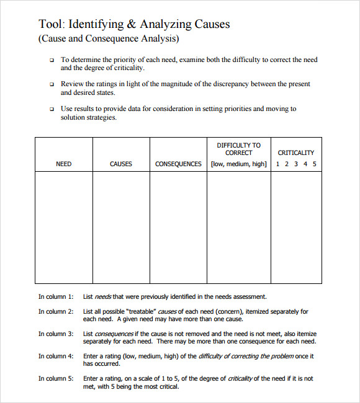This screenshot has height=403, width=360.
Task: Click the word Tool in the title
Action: [50, 24]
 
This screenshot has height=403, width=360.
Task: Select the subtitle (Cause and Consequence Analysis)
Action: [109, 38]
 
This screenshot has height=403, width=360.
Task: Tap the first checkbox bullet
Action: [52, 60]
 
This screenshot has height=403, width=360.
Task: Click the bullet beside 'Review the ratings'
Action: [52, 84]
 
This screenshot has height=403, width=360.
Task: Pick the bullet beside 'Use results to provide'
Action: [52, 108]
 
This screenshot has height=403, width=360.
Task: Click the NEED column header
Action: [64, 164]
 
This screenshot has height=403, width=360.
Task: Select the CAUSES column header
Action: [121, 164]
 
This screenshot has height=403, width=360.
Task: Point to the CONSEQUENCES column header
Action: [178, 164]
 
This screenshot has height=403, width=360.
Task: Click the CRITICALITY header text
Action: [296, 153]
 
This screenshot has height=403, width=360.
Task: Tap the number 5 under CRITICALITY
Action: [315, 164]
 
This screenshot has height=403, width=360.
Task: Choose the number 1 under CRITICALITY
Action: [278, 164]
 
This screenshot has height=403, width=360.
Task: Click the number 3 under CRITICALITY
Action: [296, 164]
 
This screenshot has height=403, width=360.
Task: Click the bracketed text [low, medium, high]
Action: [239, 164]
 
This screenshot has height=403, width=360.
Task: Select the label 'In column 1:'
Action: [56, 297]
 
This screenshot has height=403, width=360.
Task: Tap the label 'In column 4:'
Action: [56, 356]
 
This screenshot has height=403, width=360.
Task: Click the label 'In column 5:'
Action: [56, 379]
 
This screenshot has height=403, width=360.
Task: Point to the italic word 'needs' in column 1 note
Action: [103, 297]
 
